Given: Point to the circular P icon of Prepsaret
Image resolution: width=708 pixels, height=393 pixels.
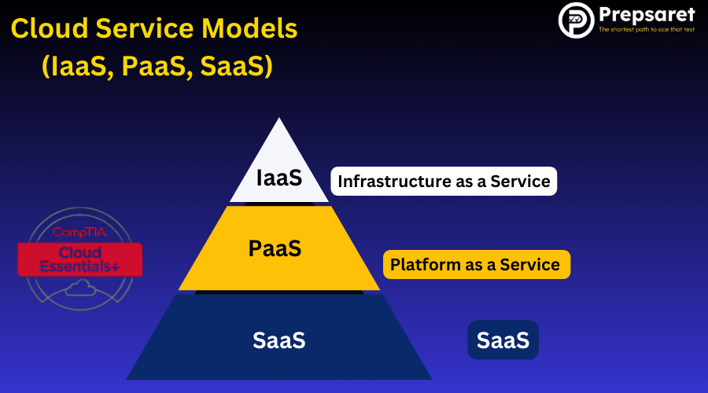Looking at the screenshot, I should click(575, 20).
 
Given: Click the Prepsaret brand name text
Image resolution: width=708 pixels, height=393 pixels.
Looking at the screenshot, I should click(647, 14).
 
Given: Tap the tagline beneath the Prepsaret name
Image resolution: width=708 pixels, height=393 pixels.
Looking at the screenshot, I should click(647, 30).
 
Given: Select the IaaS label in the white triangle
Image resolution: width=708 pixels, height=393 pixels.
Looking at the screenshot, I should click(278, 178).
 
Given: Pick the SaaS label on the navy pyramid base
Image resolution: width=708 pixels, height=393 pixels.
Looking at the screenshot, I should click(278, 340).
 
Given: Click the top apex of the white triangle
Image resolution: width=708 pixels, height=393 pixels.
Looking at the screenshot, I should click(279, 120).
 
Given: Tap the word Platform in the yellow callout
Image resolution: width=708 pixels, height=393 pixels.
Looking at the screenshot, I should click(426, 265).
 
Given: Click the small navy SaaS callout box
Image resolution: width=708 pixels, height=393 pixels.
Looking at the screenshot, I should click(503, 340).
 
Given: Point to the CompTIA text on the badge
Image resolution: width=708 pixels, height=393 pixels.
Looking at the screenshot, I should click(79, 233).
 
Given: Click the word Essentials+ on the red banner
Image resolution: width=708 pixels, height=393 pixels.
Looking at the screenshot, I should click(80, 266).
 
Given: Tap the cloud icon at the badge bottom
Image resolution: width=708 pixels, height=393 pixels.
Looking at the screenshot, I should click(79, 289).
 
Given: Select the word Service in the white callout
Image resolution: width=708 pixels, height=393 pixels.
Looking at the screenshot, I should click(520, 182).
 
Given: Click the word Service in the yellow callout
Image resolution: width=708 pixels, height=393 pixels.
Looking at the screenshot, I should click(530, 265).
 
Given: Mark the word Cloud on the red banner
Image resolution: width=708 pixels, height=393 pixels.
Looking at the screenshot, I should click(80, 252).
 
